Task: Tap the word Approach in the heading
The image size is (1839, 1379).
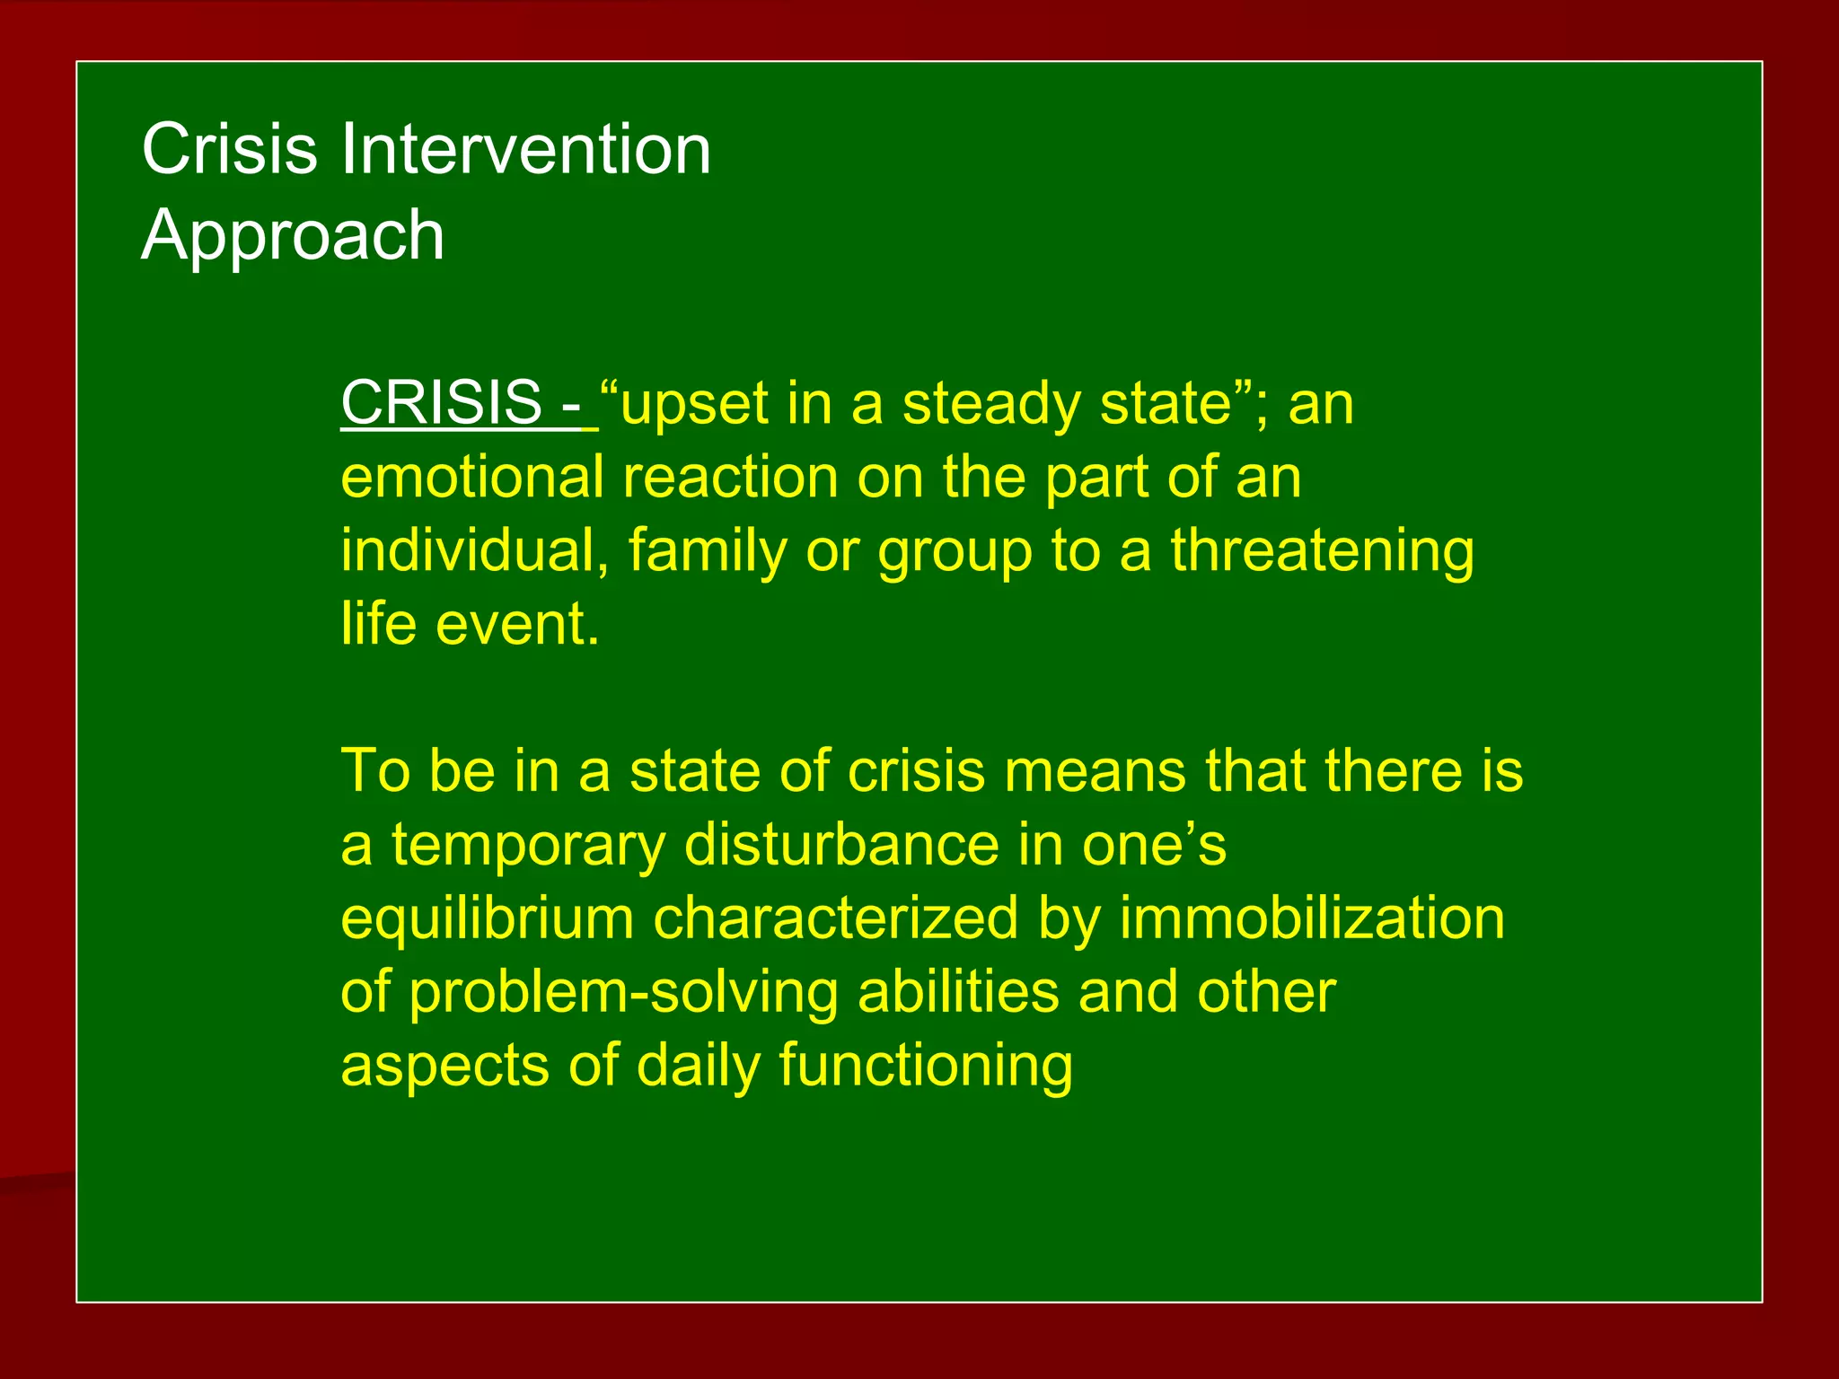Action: (x=293, y=235)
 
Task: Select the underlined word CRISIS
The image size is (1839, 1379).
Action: (x=441, y=403)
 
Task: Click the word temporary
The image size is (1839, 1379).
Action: (x=528, y=846)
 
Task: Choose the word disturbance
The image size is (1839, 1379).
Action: (x=841, y=846)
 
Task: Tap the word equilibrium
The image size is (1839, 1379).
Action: (x=487, y=919)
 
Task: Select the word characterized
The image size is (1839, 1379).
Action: (x=835, y=919)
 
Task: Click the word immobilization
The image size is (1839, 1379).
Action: (x=1312, y=919)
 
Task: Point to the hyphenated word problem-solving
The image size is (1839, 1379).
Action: (x=623, y=993)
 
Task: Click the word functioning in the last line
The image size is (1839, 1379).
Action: (x=925, y=1067)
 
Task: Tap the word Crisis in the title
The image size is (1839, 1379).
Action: (x=230, y=149)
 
